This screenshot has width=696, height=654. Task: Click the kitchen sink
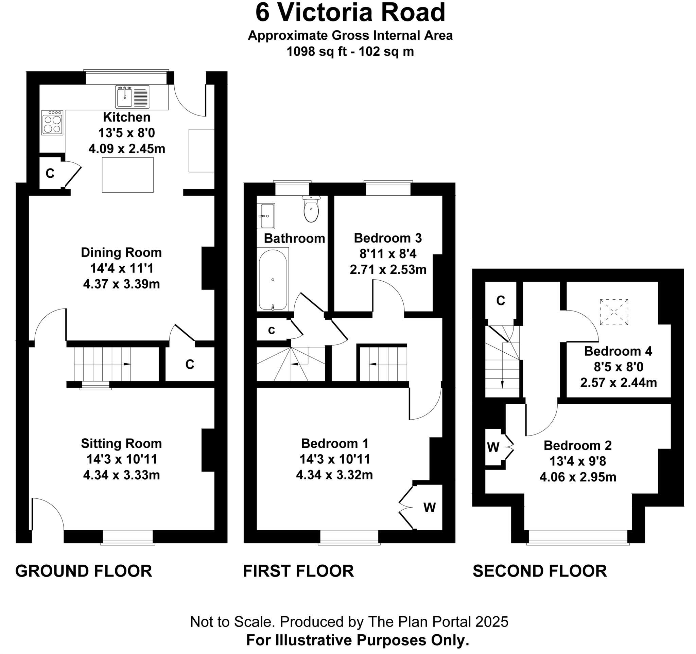coord(132,96)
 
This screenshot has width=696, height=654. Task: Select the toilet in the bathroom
coord(311,209)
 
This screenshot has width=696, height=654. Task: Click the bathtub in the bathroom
coord(273,280)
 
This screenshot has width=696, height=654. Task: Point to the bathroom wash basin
coord(266,216)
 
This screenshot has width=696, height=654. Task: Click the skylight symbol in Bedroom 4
coord(614,312)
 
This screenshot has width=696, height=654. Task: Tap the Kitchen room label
coord(127,117)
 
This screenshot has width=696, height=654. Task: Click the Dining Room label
coord(121,252)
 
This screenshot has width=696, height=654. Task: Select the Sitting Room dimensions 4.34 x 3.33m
coord(121,475)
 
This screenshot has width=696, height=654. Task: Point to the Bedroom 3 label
coord(388,238)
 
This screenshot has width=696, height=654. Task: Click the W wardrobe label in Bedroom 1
coord(430,507)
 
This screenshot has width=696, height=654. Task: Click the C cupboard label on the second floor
coord(501,301)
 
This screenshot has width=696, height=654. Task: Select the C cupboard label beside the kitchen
coord(50,173)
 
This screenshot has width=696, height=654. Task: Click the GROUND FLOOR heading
coord(84,571)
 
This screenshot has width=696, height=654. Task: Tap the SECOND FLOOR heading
coord(540,571)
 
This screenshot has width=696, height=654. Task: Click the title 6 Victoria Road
coord(350,13)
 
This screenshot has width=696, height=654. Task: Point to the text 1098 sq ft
coord(316,51)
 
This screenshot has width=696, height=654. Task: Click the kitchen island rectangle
coord(128,175)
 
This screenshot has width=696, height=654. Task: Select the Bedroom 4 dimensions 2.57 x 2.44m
coord(618,383)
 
